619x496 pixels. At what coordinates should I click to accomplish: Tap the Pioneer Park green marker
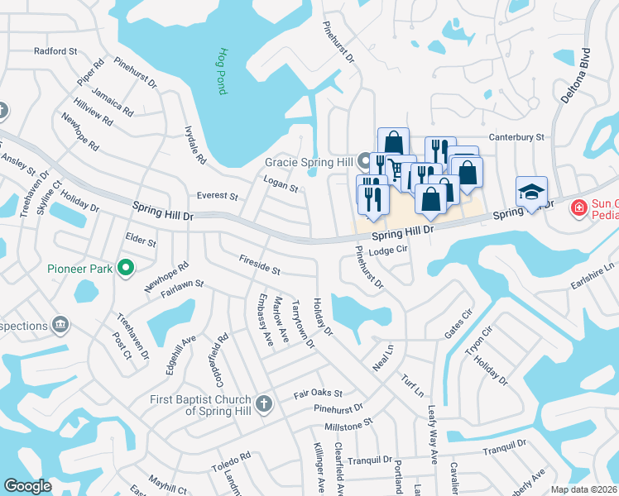pyautogui.click(x=126, y=267)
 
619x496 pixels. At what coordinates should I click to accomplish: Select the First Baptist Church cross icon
pyautogui.click(x=263, y=403)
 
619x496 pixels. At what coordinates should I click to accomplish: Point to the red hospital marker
pyautogui.click(x=579, y=207)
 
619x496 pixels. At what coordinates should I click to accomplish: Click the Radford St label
pyautogui.click(x=55, y=51)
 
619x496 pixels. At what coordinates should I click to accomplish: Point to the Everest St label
pyautogui.click(x=218, y=197)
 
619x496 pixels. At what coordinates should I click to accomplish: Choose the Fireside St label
pyautogui.click(x=260, y=270)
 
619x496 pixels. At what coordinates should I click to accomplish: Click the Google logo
pyautogui.click(x=27, y=486)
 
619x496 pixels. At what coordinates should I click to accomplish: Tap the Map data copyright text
pyautogui.click(x=584, y=489)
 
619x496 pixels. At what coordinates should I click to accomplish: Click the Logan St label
pyautogui.click(x=281, y=184)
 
